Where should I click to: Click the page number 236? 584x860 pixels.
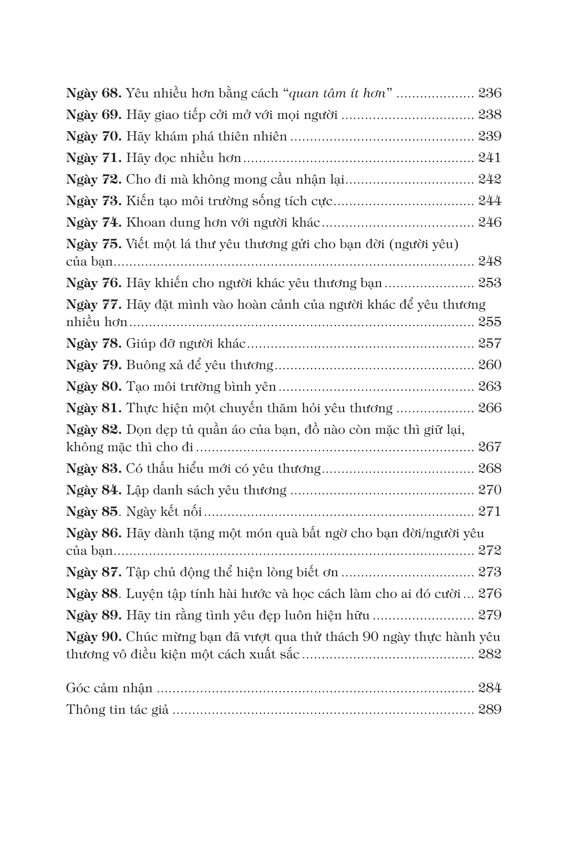click(x=489, y=93)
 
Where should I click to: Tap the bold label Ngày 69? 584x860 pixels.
click(x=94, y=115)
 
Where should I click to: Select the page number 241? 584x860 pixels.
click(x=489, y=158)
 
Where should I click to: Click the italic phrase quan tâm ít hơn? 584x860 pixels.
click(x=337, y=93)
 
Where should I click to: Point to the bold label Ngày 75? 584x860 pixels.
click(x=94, y=244)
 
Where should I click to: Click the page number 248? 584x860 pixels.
click(x=489, y=261)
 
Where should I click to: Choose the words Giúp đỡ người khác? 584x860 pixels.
click(x=186, y=344)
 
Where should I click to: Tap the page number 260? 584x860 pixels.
click(x=489, y=365)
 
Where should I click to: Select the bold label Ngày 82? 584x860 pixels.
click(x=94, y=430)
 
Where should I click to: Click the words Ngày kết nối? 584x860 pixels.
click(x=164, y=512)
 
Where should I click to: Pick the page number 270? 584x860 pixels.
click(x=489, y=490)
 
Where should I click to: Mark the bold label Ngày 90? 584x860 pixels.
click(x=94, y=637)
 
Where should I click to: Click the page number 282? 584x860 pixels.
click(x=489, y=654)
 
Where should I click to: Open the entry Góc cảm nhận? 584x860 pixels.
click(x=109, y=688)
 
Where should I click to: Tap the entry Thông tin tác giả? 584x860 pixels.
click(x=117, y=709)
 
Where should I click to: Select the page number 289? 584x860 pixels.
click(x=489, y=709)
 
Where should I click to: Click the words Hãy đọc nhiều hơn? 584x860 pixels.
click(x=184, y=158)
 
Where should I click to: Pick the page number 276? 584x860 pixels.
click(x=489, y=593)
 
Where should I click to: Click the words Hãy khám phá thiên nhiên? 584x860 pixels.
click(x=207, y=137)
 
